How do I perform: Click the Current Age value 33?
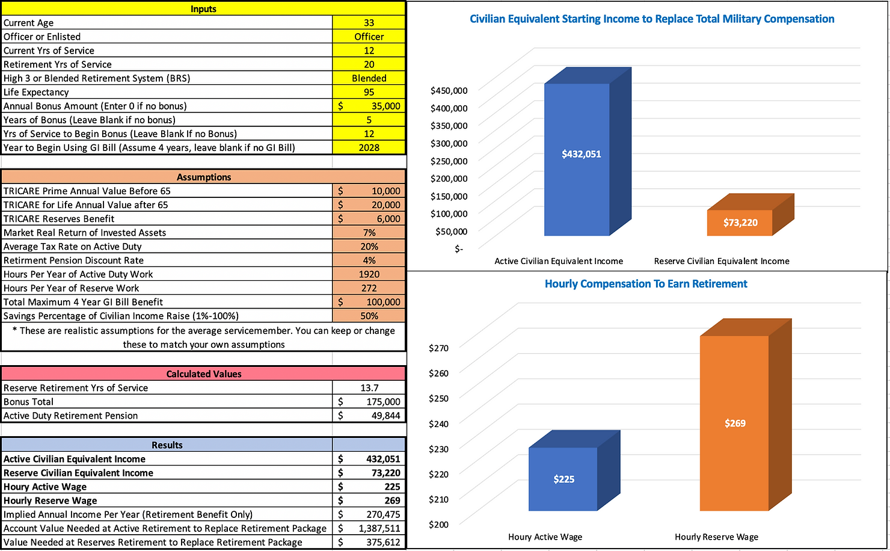click(x=369, y=23)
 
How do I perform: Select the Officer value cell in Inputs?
click(x=369, y=37)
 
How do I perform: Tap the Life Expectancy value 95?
click(x=369, y=92)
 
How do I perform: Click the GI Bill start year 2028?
click(x=369, y=147)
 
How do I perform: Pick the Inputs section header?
click(x=203, y=8)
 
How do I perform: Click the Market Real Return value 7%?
click(x=369, y=233)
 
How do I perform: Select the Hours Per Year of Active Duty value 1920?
click(x=369, y=274)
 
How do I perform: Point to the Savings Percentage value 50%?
click(x=369, y=316)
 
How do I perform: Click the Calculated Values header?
click(x=203, y=374)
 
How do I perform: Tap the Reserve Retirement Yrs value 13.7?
click(x=369, y=388)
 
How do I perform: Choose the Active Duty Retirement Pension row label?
click(x=71, y=416)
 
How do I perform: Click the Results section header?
click(x=167, y=445)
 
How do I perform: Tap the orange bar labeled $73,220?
click(x=740, y=223)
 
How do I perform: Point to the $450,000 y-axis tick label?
click(x=449, y=91)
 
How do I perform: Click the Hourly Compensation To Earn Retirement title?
click(x=646, y=284)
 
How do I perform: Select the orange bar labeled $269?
click(x=734, y=423)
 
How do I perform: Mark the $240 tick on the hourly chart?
click(x=438, y=423)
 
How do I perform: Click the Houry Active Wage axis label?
click(x=545, y=537)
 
